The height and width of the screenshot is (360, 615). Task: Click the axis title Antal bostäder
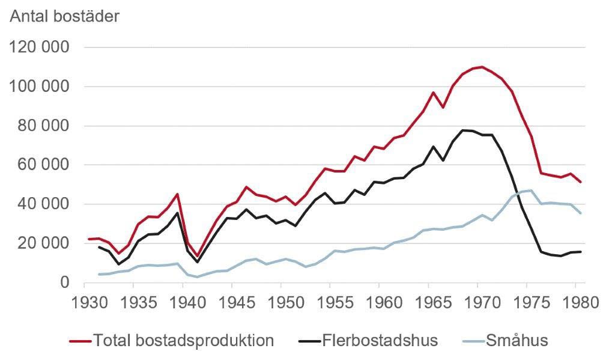65,16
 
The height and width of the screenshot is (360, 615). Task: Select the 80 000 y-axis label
45,126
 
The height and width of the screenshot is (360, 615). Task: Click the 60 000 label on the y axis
45,165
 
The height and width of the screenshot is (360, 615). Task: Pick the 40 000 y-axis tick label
45,204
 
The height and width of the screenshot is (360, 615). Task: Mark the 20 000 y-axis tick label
45,243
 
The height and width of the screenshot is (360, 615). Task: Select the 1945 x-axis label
232,302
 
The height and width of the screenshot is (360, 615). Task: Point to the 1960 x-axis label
379,302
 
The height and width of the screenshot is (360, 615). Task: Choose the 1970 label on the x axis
477,302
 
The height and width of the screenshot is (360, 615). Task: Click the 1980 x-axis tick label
575,302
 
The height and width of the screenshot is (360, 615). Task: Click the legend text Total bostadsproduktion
183,341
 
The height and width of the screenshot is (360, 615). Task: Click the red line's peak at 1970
482,67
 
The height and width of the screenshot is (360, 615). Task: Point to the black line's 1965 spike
432,146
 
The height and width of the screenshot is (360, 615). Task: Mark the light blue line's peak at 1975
531,191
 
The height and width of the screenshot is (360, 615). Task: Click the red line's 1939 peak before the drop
177,194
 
